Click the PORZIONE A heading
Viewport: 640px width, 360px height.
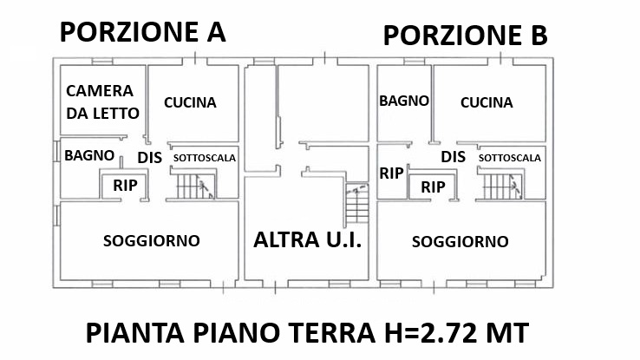point(142,32)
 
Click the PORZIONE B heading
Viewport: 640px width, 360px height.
point(466,35)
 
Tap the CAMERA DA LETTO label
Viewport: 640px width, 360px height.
point(102,102)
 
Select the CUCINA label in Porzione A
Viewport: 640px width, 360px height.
point(190,102)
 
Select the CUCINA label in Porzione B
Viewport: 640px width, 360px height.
point(487,102)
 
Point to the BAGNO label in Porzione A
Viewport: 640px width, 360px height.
point(89,155)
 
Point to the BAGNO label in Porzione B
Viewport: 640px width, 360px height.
point(404,101)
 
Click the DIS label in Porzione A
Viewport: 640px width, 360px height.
point(150,158)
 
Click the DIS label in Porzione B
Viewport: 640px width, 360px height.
point(453,157)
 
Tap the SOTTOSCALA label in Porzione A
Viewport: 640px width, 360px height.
point(205,158)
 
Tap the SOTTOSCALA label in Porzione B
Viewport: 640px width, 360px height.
point(510,158)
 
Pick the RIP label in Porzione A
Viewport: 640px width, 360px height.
point(125,186)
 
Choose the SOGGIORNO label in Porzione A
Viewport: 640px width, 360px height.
point(152,241)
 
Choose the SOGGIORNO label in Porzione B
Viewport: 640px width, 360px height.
point(460,242)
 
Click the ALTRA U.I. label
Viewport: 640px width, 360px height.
point(307,239)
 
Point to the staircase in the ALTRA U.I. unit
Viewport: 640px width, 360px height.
point(357,204)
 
